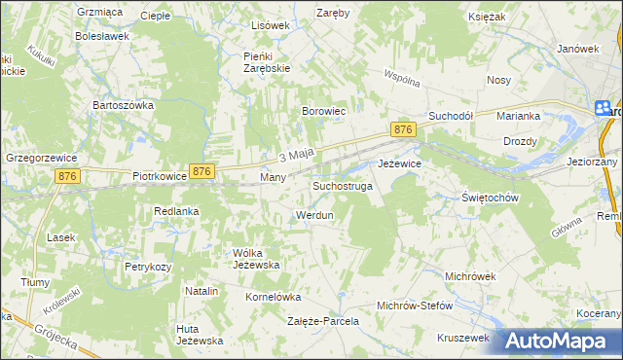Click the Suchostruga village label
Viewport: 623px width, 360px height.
click(x=343, y=185)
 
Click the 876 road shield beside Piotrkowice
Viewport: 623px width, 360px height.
click(x=201, y=171)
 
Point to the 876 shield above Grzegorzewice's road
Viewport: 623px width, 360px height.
click(x=67, y=175)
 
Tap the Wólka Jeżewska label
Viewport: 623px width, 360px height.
click(x=256, y=258)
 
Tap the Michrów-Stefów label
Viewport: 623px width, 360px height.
click(x=415, y=306)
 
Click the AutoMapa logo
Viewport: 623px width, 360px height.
click(x=559, y=341)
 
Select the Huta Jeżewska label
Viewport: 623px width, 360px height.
click(x=201, y=335)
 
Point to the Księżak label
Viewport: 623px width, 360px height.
click(x=511, y=18)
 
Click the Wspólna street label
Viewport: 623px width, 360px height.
click(x=401, y=77)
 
